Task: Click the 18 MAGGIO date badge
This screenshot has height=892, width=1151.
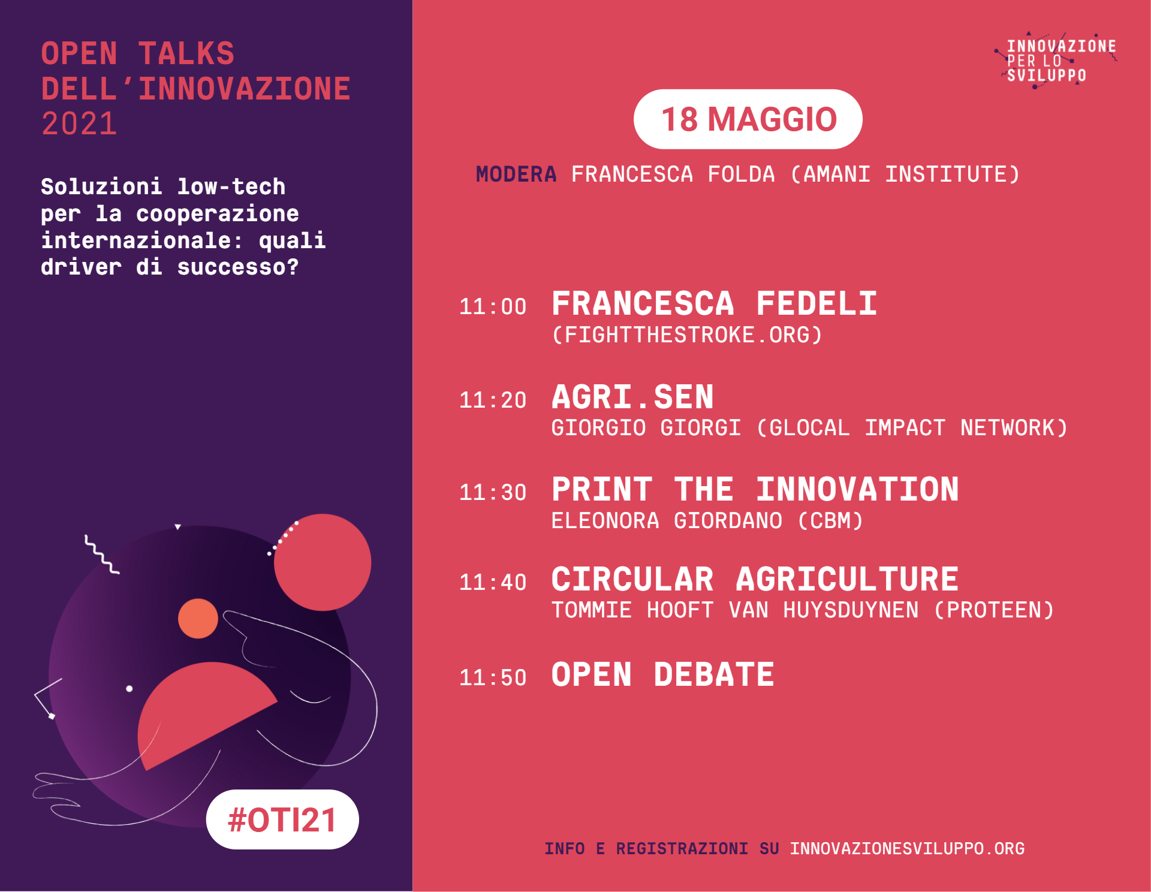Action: [x=748, y=119]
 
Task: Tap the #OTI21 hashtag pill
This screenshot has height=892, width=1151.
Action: [x=282, y=819]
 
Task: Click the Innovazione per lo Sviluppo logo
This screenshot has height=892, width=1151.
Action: [x=1056, y=60]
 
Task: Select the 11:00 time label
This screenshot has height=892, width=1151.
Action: [x=493, y=307]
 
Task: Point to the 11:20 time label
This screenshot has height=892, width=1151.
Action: [x=493, y=400]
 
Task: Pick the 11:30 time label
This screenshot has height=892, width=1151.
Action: [x=493, y=492]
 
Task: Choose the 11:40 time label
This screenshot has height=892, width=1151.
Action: [x=493, y=582]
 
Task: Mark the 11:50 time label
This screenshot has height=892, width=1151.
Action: [x=493, y=677]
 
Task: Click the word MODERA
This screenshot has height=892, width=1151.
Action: [x=516, y=174]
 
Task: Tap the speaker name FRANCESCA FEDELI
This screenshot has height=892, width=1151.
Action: [x=715, y=303]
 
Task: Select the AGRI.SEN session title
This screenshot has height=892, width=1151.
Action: [x=632, y=397]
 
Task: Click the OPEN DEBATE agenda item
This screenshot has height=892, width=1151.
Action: [x=663, y=674]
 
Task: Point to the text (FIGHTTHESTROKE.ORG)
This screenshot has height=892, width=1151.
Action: [x=687, y=334]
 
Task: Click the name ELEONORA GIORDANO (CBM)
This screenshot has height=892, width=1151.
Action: [x=707, y=520]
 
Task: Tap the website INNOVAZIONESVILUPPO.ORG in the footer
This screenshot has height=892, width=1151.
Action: [x=907, y=849]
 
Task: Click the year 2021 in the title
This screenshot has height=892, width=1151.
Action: [x=79, y=124]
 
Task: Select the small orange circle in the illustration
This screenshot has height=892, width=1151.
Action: [x=198, y=618]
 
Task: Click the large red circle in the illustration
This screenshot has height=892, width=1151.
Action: [x=323, y=562]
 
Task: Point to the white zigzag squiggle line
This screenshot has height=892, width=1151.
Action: [x=101, y=555]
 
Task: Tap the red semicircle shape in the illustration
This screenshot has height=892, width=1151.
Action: [x=198, y=713]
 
